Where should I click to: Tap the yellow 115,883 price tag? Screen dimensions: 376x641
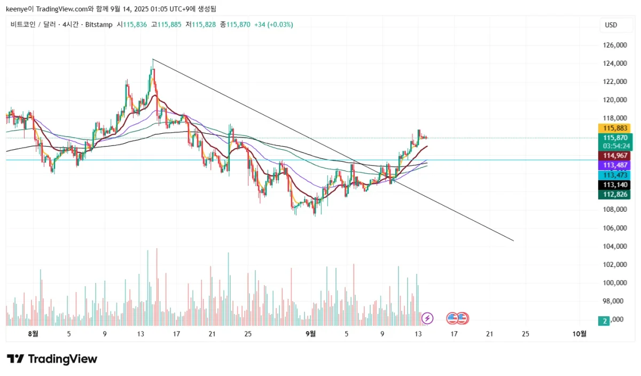pyautogui.click(x=614, y=128)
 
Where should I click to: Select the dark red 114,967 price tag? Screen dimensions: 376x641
pyautogui.click(x=614, y=156)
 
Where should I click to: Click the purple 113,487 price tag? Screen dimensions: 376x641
pyautogui.click(x=614, y=165)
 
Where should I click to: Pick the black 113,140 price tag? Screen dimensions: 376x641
pyautogui.click(x=614, y=185)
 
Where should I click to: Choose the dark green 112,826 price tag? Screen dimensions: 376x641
pyautogui.click(x=614, y=194)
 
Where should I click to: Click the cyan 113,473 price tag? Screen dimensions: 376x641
pyautogui.click(x=614, y=175)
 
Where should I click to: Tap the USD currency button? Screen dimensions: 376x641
pyautogui.click(x=611, y=25)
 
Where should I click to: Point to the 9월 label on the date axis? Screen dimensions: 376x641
pyautogui.click(x=310, y=334)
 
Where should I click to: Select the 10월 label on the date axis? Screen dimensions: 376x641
pyautogui.click(x=579, y=334)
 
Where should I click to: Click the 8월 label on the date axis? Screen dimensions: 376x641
pyautogui.click(x=33, y=334)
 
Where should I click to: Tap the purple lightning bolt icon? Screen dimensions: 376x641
pyautogui.click(x=427, y=318)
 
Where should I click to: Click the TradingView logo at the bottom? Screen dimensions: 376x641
pyautogui.click(x=52, y=359)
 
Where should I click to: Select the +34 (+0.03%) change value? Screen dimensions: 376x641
pyautogui.click(x=273, y=25)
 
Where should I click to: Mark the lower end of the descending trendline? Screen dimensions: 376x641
pyautogui.click(x=513, y=241)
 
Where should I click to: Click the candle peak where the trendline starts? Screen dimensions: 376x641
pyautogui.click(x=152, y=59)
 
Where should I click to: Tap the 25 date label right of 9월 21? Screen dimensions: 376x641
pyautogui.click(x=525, y=334)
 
